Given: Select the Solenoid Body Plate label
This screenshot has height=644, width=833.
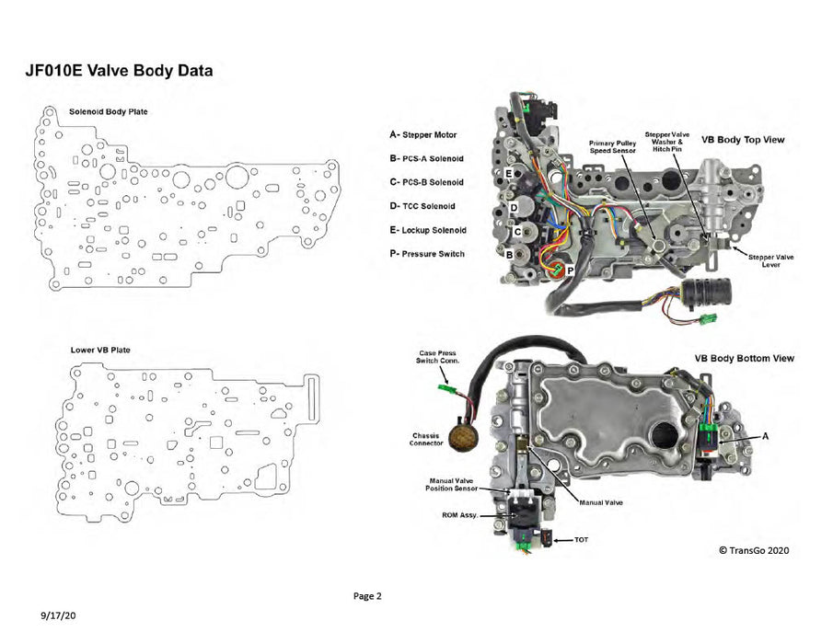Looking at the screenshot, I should point(108,111).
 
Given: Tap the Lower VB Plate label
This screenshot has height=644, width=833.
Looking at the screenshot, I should point(100,351).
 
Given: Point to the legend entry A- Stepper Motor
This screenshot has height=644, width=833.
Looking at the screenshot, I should point(423,134).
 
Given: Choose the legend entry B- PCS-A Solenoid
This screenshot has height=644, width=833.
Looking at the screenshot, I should point(426,158).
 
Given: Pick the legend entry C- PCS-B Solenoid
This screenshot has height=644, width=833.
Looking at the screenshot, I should point(426,182).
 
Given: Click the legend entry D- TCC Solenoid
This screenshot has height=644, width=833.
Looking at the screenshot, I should point(422,206).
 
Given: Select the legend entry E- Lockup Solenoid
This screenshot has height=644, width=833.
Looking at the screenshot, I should point(428,230).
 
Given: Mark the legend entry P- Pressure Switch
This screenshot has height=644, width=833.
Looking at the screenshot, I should point(427,254).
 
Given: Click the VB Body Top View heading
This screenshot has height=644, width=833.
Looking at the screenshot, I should point(742,140).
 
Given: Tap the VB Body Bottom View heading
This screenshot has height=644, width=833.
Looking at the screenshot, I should point(745,358).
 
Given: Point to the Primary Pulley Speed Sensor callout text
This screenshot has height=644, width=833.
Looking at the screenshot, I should point(612,149).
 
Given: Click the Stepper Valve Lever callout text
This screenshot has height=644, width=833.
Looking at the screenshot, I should point(771,260).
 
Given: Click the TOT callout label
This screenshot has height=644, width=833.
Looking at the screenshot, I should point(581,539).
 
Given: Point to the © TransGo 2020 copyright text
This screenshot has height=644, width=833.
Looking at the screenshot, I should point(753,550).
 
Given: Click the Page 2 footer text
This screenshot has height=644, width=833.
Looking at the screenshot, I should point(367,596).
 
